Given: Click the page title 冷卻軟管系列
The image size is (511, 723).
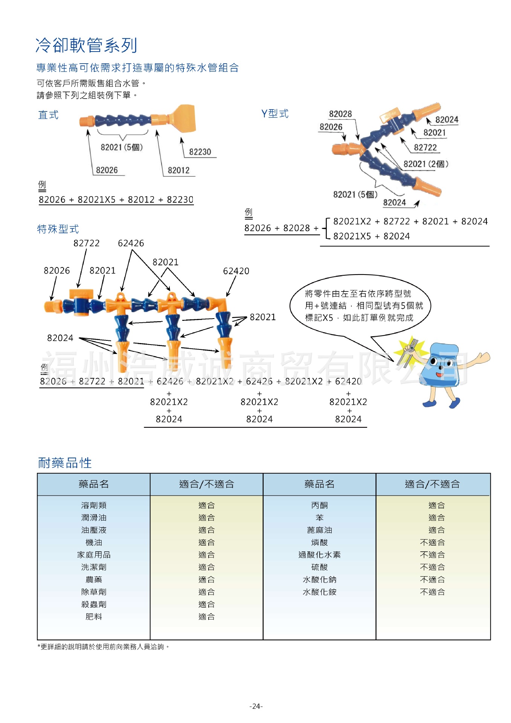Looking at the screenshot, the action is point(86,45).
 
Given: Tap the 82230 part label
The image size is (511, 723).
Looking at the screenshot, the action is point(200,152).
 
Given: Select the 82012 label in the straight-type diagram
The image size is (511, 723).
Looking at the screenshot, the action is point(178,170).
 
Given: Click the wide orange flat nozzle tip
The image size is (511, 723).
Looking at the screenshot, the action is point(184,118).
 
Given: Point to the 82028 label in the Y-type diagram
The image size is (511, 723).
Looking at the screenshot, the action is point(340,114).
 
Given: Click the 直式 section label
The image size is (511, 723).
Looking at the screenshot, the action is point(49,115).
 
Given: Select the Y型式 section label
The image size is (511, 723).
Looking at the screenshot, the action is point(275,113).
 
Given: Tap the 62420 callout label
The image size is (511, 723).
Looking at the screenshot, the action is point(236,271).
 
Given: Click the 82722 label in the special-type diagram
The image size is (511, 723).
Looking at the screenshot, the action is point(86,243).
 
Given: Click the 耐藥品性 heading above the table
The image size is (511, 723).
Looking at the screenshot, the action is point(65,463).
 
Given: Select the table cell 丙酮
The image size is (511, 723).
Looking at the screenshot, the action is point(319,505).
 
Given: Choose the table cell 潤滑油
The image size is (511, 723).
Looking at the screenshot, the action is point(94,517).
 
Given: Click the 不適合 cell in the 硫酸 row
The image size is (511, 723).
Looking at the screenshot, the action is point(432,567).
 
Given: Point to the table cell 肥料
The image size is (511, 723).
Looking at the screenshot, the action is point(94,616).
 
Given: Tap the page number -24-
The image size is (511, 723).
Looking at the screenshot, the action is point(256,706).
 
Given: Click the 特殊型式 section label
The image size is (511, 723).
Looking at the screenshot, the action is point(58,229).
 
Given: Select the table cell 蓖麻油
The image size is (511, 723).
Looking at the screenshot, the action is point(319,530).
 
